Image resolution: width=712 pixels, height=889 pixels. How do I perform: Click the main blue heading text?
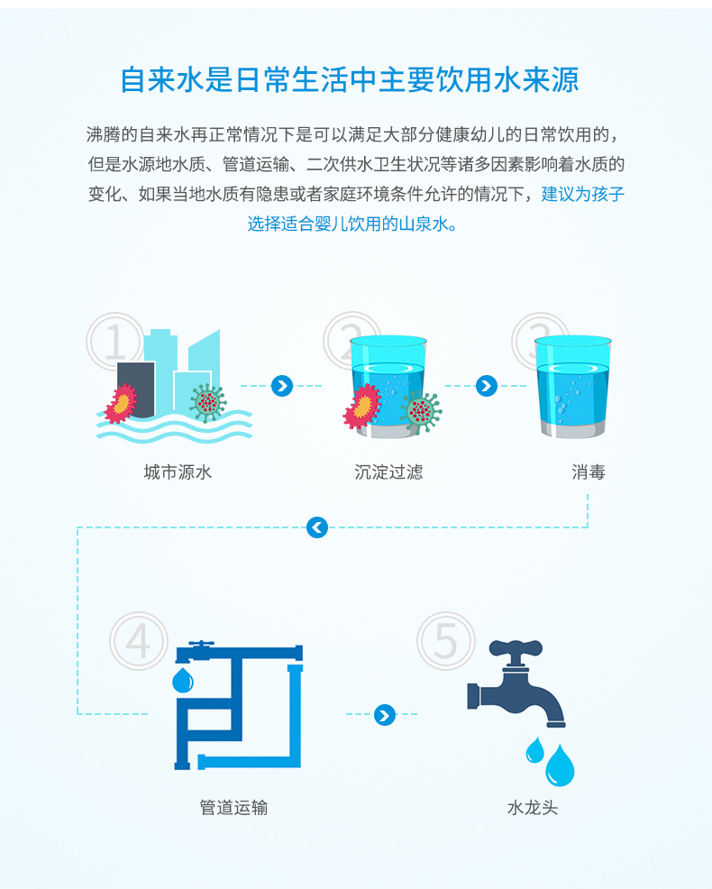[x=349, y=79]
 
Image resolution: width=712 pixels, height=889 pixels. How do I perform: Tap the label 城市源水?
[x=178, y=472]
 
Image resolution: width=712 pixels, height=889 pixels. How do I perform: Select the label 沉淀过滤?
[x=388, y=472]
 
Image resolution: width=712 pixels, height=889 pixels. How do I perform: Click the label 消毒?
[x=589, y=472]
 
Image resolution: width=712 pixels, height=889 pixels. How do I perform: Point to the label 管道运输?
[x=233, y=807]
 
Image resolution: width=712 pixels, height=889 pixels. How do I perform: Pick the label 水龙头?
[x=533, y=807]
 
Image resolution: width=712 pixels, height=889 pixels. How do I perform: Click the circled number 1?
[x=115, y=342]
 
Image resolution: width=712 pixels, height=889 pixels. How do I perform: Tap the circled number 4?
[x=138, y=641]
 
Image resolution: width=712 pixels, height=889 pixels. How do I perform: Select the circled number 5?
[x=445, y=641]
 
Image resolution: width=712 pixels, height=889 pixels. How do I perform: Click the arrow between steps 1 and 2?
[x=282, y=386]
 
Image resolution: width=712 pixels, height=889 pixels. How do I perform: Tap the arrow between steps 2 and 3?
[x=487, y=386]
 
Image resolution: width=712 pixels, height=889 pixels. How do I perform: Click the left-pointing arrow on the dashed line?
[x=317, y=527]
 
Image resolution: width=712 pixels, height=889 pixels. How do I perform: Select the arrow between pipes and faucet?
[x=385, y=715]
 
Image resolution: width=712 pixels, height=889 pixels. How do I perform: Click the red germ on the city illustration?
[x=121, y=404]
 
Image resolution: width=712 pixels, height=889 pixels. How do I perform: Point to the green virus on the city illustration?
[x=207, y=402]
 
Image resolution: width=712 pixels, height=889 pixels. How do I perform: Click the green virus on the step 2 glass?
[x=421, y=411]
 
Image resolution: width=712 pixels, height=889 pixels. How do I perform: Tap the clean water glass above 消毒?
[x=572, y=386]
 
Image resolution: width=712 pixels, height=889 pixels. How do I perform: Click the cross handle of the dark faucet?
[x=516, y=647]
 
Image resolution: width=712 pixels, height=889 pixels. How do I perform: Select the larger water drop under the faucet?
[x=560, y=766]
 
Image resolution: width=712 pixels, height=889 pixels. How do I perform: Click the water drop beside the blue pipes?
[x=183, y=680]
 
